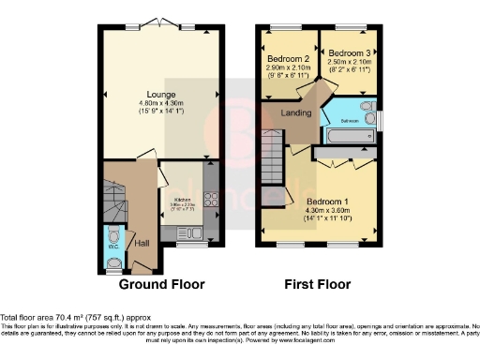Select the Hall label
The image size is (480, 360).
click(x=142, y=243)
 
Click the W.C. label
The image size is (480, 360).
click(x=112, y=220)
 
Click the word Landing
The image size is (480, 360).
click(x=296, y=112)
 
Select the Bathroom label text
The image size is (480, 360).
click(x=349, y=121)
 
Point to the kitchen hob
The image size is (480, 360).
click(x=211, y=200)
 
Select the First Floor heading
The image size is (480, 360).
click(x=318, y=283)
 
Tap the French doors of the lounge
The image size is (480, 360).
click(x=151, y=22)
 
